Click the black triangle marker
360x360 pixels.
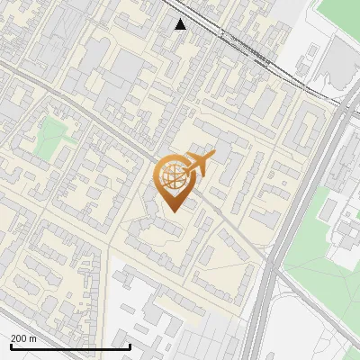(181, 23)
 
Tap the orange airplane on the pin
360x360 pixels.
(199, 165)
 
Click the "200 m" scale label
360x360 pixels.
(24, 338)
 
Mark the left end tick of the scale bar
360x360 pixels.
(11, 346)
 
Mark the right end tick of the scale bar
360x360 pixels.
(130, 346)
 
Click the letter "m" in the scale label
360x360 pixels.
(33, 338)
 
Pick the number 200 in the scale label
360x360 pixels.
(19, 338)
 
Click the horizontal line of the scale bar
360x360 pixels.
(70, 346)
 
